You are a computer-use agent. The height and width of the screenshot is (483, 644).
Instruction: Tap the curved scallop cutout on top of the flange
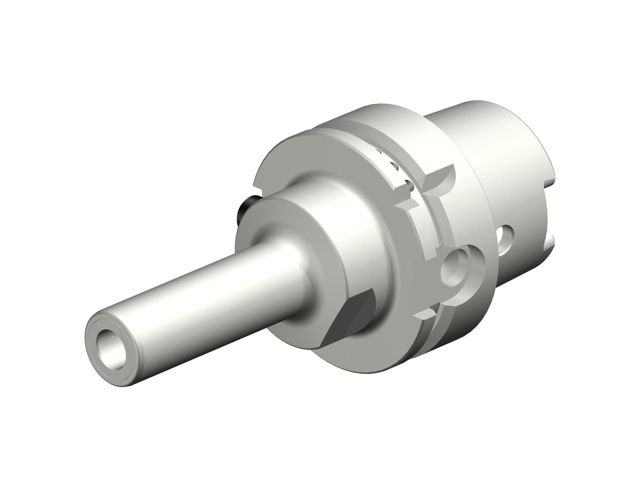point(443,182)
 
